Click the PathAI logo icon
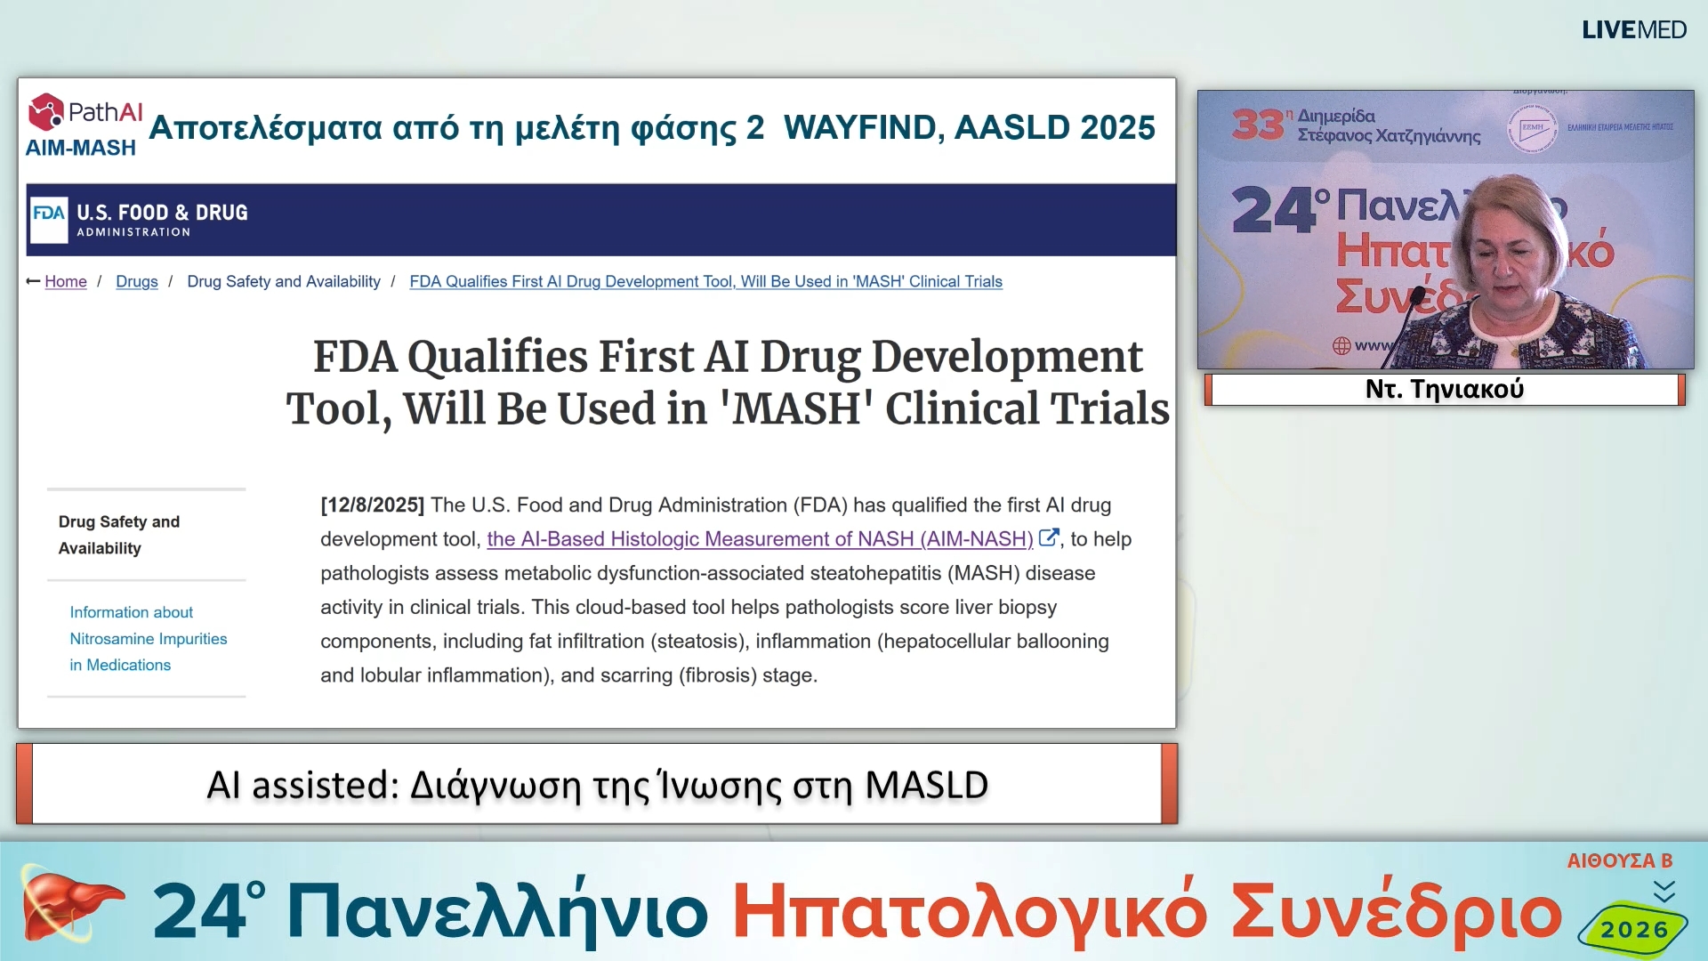(46, 112)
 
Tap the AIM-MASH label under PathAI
(80, 149)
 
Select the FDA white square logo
(49, 219)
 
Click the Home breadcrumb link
(66, 282)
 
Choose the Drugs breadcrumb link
(136, 282)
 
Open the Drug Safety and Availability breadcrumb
(283, 282)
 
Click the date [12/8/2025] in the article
(372, 505)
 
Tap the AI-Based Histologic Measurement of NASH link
(759, 539)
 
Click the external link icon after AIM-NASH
(1048, 537)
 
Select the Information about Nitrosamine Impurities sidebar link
(148, 639)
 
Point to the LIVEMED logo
(1633, 29)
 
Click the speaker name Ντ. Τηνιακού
(1444, 389)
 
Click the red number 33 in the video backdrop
(1256, 125)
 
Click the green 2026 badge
(1633, 930)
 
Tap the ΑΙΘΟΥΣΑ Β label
(1619, 860)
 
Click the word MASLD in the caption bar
(925, 785)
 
